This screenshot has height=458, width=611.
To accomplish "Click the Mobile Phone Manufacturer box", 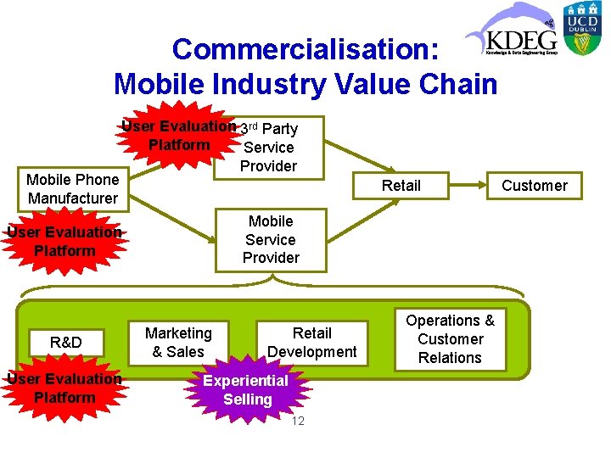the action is click(x=72, y=188).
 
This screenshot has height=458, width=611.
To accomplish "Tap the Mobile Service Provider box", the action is click(x=271, y=239).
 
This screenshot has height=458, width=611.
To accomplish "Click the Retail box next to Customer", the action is click(x=401, y=185).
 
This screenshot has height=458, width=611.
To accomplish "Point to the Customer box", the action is click(x=535, y=185).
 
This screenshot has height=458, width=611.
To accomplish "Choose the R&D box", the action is click(x=65, y=342).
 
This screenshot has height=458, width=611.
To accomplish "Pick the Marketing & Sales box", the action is click(x=178, y=342).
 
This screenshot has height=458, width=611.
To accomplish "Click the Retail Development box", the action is click(x=311, y=342).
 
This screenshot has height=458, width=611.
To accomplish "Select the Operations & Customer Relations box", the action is click(x=450, y=339).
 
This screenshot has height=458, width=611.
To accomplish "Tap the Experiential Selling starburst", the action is click(x=247, y=389).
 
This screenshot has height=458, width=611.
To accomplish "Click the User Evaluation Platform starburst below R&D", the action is click(x=64, y=388).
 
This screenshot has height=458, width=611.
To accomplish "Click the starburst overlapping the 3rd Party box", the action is click(x=179, y=136).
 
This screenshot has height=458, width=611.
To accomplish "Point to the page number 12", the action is click(x=297, y=422).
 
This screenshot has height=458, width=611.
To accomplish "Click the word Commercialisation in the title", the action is click(x=305, y=49).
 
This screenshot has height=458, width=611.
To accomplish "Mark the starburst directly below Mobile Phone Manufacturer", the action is click(x=64, y=241).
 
